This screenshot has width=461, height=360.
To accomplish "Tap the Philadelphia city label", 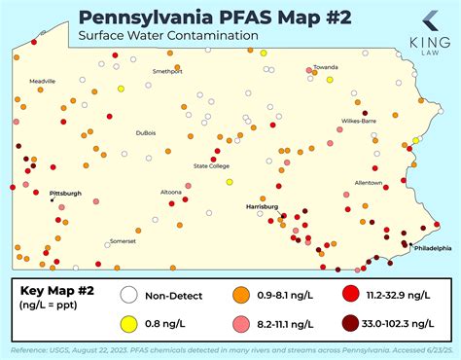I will click(432, 247).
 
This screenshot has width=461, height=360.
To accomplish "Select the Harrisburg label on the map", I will click(262, 206).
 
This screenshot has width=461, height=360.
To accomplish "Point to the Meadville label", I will click(43, 81).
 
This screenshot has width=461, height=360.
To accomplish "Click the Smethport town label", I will click(167, 71).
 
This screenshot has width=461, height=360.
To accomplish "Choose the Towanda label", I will click(325, 69).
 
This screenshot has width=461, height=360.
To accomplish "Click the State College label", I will click(211, 165).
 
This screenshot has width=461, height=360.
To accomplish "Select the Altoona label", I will click(171, 192).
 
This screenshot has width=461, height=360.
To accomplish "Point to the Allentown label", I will click(369, 182).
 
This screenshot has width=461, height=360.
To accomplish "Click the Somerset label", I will click(123, 240).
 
